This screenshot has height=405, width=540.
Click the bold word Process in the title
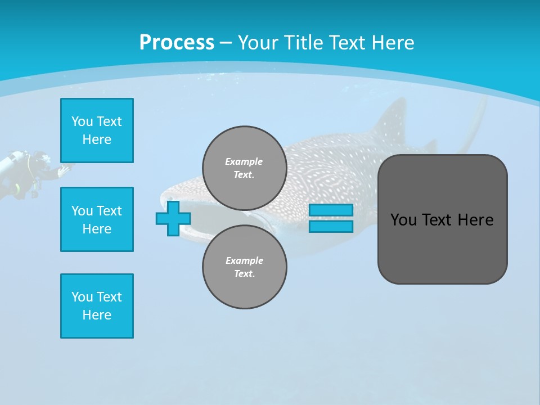point(177,42)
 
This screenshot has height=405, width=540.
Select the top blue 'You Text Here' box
point(97,130)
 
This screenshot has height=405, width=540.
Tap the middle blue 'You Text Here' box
point(97,219)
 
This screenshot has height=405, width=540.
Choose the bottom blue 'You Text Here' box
point(97,306)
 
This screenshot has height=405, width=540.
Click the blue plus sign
point(173,218)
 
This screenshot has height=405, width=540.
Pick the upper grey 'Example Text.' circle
point(244,168)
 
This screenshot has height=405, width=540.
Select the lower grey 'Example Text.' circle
point(244,267)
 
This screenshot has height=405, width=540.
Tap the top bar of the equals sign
point(331,210)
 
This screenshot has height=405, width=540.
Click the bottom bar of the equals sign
point(331,226)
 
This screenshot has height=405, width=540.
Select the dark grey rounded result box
point(442,219)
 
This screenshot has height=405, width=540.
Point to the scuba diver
point(28,172)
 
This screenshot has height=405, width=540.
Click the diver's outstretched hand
point(65,168)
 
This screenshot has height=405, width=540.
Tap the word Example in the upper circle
point(244,161)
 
